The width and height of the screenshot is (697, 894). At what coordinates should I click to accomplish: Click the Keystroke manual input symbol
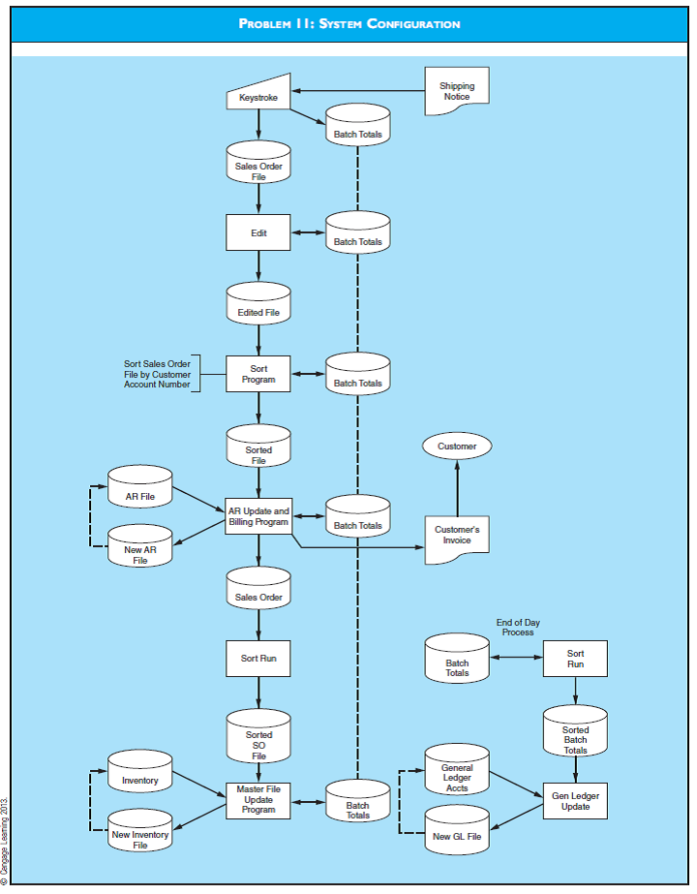tap(258, 93)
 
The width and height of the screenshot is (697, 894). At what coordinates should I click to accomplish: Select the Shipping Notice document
tap(457, 91)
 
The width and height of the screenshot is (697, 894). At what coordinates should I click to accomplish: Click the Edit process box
tap(258, 232)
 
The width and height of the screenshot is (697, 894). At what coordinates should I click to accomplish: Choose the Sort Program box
tap(258, 374)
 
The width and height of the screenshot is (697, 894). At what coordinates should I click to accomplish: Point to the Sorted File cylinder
tap(258, 450)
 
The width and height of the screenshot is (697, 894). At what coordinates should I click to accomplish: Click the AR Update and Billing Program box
tap(258, 516)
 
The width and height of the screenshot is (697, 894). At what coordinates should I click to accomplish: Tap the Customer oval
tap(457, 447)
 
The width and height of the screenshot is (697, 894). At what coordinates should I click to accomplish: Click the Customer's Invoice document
tap(457, 535)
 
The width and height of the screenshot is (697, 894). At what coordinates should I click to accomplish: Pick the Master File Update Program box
tap(258, 800)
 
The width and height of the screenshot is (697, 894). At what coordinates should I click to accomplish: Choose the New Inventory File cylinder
tap(140, 835)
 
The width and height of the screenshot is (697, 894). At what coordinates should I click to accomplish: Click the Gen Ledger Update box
tap(575, 800)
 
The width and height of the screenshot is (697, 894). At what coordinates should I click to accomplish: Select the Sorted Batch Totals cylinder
tap(575, 737)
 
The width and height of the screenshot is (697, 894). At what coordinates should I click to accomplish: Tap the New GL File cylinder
tap(457, 834)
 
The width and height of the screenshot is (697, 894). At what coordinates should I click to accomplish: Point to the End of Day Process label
tap(518, 627)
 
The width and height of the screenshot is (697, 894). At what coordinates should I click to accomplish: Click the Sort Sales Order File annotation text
tap(157, 374)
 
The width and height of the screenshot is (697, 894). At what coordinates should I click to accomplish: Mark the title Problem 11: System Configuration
tap(349, 23)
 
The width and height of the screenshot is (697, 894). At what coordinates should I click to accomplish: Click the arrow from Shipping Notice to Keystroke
tap(358, 91)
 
